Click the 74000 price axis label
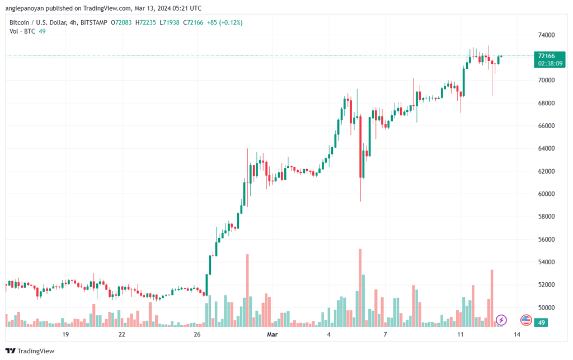pos(546,35)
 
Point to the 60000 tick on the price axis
pos(546,194)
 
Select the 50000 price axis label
pos(546,308)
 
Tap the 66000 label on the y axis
pos(546,126)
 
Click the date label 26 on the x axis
pos(197,334)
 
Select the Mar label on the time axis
pos(273,334)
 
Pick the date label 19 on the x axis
pos(65,334)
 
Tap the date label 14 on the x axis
pos(516,334)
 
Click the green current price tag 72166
pos(549,59)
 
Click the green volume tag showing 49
pos(541,322)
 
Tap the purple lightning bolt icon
pos(501,320)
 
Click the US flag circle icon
pos(526,320)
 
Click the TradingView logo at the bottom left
pos(30,351)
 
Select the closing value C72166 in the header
pos(193,22)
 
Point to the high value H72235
pos(145,22)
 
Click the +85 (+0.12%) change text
pos(225,22)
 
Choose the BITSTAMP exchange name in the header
pos(93,22)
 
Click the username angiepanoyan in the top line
pos(25,8)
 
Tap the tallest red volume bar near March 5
pos(360,288)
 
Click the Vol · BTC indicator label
pos(22,31)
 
